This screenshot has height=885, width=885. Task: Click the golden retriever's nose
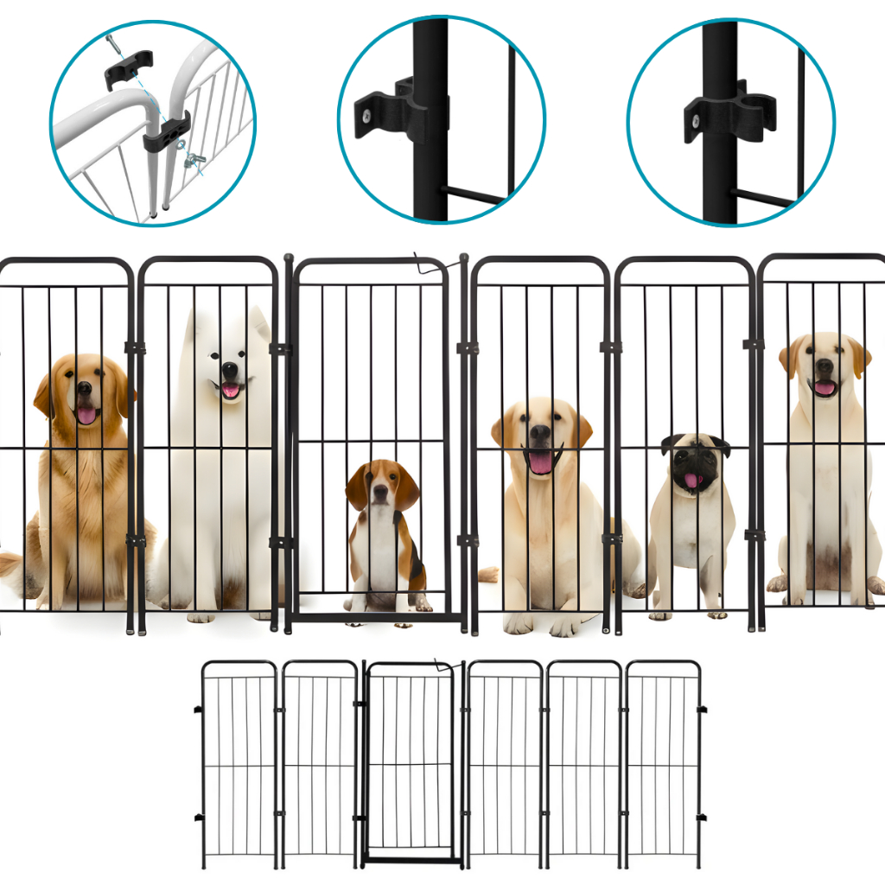point(85,389)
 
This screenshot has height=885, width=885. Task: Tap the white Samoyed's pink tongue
point(231,390)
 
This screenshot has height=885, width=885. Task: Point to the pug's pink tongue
point(692,481)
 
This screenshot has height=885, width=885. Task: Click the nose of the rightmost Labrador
point(825,366)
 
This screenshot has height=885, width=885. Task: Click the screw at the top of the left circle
point(112,41)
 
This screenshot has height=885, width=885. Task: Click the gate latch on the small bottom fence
point(446,668)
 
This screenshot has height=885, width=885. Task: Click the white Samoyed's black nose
point(229,368)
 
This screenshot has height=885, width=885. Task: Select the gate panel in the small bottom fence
point(410,761)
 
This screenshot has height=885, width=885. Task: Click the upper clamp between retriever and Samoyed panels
point(135,347)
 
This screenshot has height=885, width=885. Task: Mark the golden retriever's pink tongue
point(86,416)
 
